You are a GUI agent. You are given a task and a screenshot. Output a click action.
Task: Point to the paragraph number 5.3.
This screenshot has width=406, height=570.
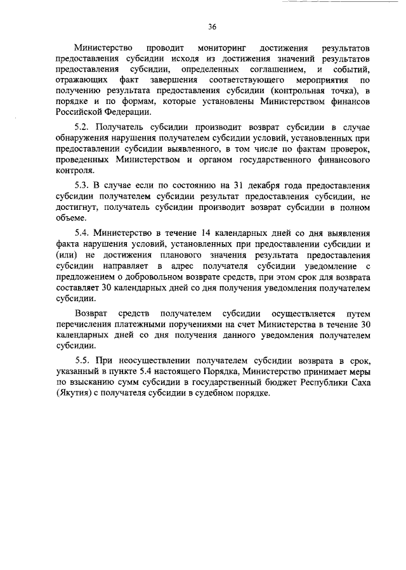point(84,185)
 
